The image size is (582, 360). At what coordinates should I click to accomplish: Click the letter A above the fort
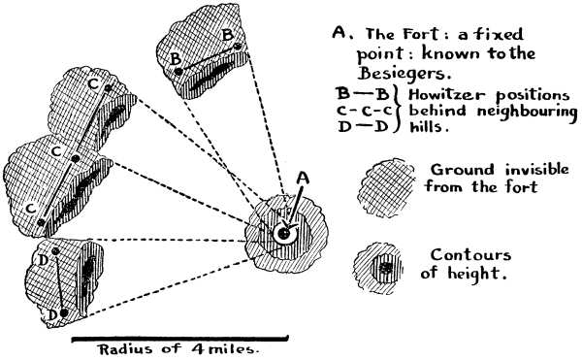pos(302,179)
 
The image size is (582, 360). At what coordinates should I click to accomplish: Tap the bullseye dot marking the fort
pos(283,234)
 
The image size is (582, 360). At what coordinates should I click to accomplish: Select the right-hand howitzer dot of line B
pos(237,54)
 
